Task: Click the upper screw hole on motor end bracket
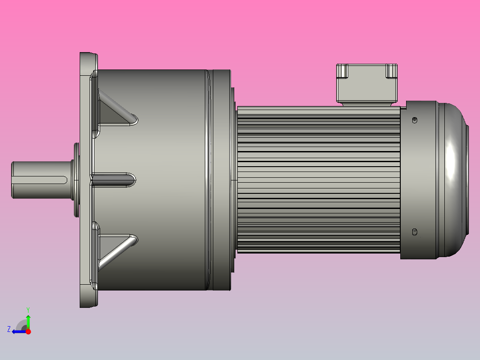point(415,120)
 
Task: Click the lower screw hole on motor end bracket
point(415,231)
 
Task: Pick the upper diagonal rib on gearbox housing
point(117,107)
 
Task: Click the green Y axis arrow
point(28,320)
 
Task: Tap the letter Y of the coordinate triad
point(28,309)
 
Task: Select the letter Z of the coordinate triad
point(9,329)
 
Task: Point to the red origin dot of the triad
point(28,331)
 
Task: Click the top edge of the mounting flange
point(89,54)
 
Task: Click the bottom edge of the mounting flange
point(89,306)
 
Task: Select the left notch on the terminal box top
point(342,71)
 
